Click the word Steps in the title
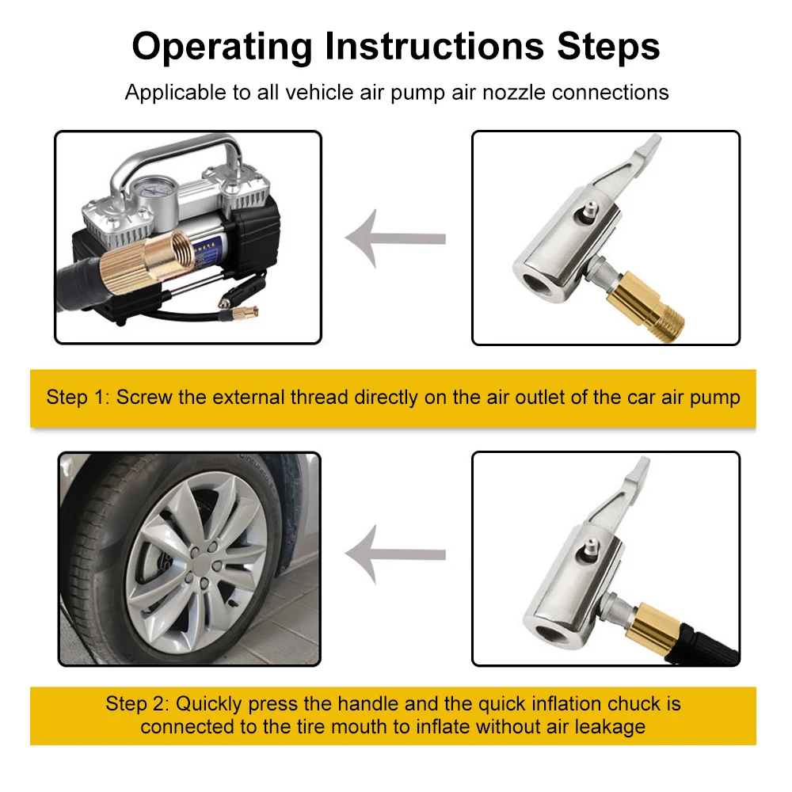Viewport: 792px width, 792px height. tap(608, 47)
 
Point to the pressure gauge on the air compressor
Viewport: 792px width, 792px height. tap(153, 192)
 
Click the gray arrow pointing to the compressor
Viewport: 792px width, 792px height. tap(395, 238)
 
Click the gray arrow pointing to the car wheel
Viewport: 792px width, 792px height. tap(395, 554)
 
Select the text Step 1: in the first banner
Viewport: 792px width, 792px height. tap(78, 398)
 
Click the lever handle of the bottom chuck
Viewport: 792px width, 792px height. tap(619, 486)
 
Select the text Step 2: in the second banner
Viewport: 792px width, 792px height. tap(137, 703)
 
